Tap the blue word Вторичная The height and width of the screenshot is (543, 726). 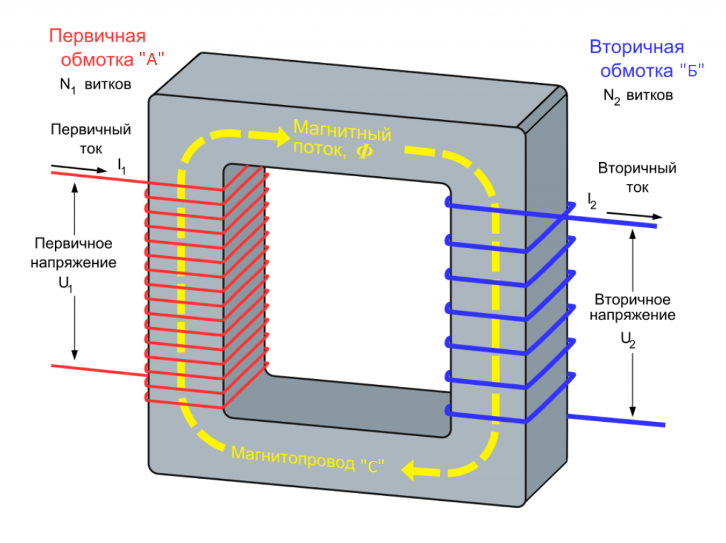[637, 47]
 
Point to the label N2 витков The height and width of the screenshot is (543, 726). [638, 95]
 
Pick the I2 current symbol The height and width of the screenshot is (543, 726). [592, 201]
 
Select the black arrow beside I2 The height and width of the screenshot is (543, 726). [635, 216]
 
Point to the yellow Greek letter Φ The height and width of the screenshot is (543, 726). [361, 154]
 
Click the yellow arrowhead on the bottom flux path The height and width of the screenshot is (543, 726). [410, 468]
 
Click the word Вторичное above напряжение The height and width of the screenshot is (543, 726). [632, 300]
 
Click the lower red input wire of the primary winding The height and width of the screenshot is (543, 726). [97, 371]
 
